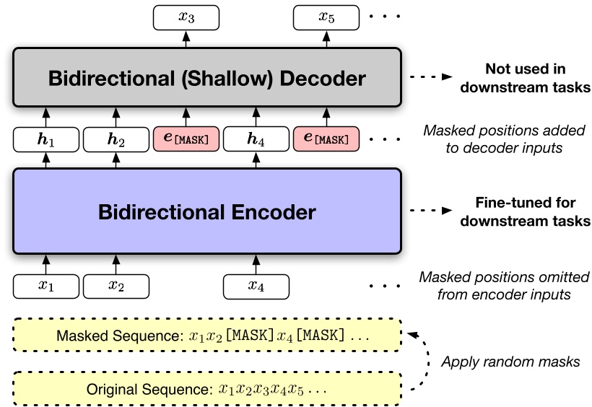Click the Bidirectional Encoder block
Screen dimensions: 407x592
tap(206, 211)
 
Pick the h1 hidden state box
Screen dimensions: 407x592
tap(46, 139)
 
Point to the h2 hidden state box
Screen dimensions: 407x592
tap(116, 139)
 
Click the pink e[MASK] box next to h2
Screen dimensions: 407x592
tap(186, 139)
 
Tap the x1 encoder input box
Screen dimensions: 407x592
tap(46, 286)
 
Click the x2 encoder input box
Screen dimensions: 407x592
tap(116, 286)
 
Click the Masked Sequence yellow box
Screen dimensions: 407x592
tap(206, 336)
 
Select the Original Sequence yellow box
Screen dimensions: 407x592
tap(206, 390)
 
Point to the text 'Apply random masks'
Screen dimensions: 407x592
tap(510, 362)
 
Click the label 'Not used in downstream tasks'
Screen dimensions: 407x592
tap(526, 79)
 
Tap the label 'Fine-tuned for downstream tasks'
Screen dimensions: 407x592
tap(526, 212)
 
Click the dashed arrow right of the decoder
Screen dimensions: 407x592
tap(430, 78)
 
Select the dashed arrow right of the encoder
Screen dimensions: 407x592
tap(430, 211)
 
